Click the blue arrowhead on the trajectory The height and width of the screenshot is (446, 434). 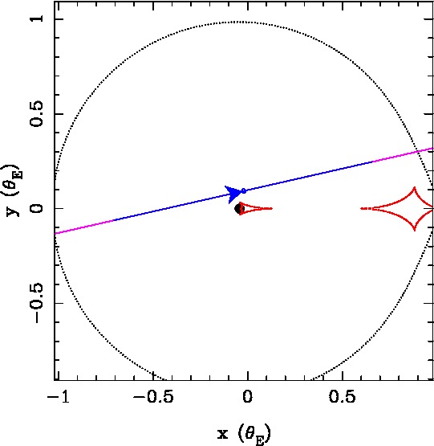click(x=233, y=194)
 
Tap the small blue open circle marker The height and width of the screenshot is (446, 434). click(x=244, y=190)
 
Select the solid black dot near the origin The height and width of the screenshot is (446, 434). click(x=238, y=209)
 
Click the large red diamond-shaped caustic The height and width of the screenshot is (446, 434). click(x=398, y=208)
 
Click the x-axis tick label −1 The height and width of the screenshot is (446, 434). click(x=59, y=396)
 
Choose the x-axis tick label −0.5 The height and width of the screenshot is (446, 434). click(x=153, y=396)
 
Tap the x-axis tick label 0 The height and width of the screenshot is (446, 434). click(x=247, y=396)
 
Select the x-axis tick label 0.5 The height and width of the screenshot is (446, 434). click(x=343, y=396)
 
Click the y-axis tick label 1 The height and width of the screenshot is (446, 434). click(x=38, y=18)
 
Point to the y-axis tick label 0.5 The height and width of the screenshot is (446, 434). click(x=38, y=114)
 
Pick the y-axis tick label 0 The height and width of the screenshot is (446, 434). click(x=38, y=208)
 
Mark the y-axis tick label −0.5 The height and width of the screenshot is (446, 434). click(x=38, y=304)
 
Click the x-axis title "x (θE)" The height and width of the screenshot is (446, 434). click(x=244, y=434)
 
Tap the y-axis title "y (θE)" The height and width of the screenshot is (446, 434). click(x=13, y=190)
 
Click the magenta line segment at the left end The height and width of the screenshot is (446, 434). click(x=84, y=227)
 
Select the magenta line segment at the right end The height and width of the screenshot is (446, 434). click(x=403, y=155)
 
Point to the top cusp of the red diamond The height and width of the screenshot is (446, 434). click(x=415, y=187)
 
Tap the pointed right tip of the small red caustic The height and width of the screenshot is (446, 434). click(x=272, y=208)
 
